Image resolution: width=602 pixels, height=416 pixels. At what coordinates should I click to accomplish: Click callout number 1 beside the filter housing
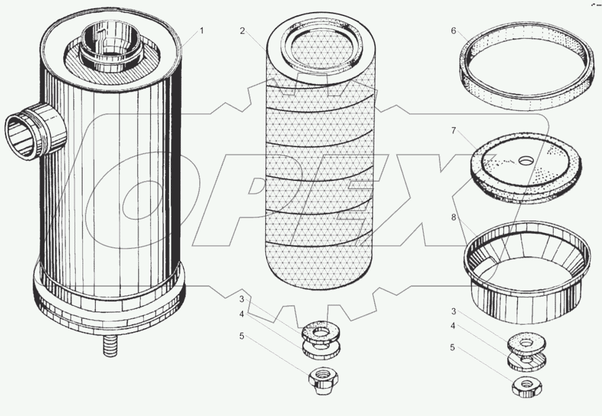click(201, 31)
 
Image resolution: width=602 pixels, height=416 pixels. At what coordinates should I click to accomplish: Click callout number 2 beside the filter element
click(242, 31)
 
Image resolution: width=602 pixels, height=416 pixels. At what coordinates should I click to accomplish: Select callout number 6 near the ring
click(454, 31)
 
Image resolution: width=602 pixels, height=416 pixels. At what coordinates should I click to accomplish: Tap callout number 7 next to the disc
click(454, 130)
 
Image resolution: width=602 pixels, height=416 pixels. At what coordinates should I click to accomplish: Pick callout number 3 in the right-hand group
click(453, 313)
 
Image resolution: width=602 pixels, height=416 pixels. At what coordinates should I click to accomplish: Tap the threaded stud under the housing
click(109, 346)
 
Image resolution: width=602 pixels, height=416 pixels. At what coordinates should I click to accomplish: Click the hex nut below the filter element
click(323, 378)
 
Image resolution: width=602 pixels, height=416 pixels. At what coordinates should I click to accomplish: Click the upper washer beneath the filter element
click(321, 332)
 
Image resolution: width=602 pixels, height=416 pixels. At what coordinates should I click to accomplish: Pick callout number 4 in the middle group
click(241, 315)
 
